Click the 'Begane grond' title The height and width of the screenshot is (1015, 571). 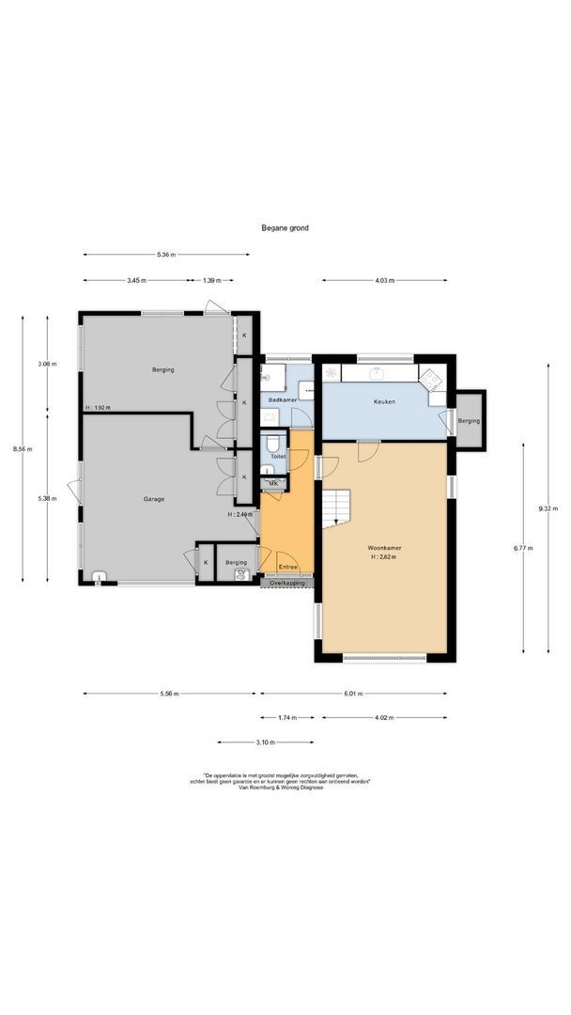[x=285, y=227]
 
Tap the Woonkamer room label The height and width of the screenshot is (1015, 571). [x=385, y=546]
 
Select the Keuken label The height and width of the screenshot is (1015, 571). [x=384, y=401]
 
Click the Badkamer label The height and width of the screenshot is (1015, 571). [x=283, y=401]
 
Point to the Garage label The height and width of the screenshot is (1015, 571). [x=154, y=499]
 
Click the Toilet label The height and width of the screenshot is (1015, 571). [x=277, y=456]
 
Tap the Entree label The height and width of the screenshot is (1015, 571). [x=286, y=567]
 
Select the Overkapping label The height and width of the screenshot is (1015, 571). [x=286, y=583]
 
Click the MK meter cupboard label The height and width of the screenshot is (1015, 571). [x=273, y=484]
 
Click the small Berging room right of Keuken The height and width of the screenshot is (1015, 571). [x=468, y=421]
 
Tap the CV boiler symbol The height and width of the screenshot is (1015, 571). [x=241, y=572]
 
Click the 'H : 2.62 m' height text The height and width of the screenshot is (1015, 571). [x=385, y=557]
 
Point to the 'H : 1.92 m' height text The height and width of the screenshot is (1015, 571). [x=97, y=408]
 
